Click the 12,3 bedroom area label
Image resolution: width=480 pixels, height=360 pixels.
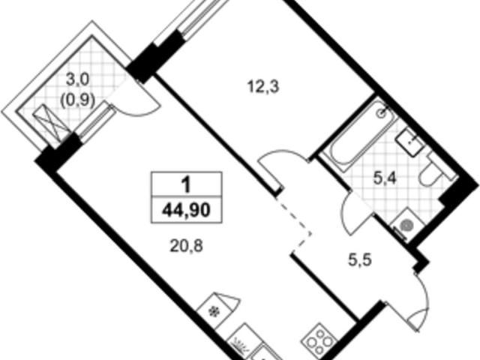263,88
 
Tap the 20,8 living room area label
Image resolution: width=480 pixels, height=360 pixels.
186,245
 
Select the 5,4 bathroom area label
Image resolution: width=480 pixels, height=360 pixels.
385,178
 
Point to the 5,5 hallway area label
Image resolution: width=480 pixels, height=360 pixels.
360,260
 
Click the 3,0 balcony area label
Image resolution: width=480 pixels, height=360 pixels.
78,80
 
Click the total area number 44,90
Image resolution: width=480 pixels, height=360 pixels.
186,210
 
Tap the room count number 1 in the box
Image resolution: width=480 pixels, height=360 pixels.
186,185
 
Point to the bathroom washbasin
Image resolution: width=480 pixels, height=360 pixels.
410,142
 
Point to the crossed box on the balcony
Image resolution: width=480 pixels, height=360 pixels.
50,122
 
